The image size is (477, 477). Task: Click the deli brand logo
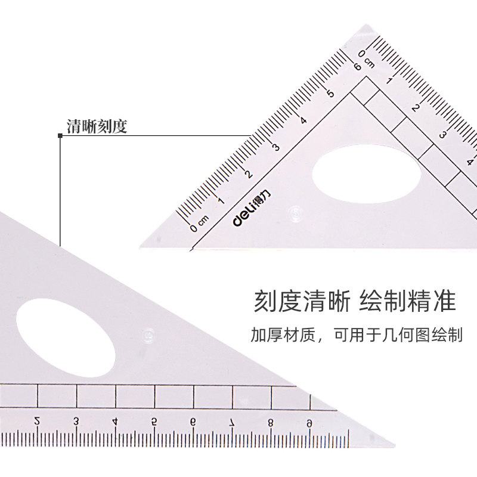(241, 218)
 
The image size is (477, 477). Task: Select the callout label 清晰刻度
(97, 126)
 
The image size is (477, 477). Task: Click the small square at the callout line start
(60, 137)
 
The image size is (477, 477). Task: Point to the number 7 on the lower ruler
(231, 422)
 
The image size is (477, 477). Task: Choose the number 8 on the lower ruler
(270, 422)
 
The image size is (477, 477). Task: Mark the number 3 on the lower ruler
(76, 422)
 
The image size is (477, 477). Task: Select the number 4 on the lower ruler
(114, 422)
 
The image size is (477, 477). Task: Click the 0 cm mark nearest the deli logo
(197, 225)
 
